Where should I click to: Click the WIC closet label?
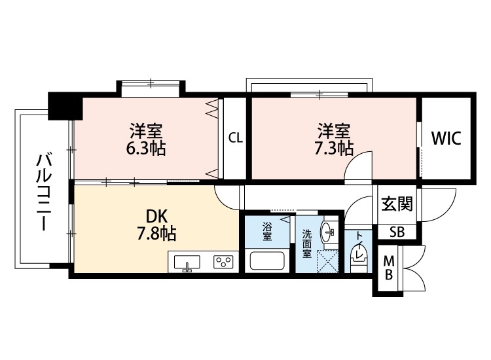click(x=446, y=138)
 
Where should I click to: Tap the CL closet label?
click(x=236, y=137)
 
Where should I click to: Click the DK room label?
click(x=156, y=216)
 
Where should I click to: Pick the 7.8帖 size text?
click(x=156, y=233)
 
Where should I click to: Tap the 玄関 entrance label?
click(x=397, y=204)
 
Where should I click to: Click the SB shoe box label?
click(x=397, y=232)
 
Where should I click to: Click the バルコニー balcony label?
click(x=43, y=192)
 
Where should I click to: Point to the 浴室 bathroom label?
click(x=267, y=231)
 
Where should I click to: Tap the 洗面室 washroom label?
click(x=307, y=244)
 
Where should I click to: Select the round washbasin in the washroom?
click(x=328, y=232)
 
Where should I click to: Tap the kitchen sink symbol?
click(x=187, y=262)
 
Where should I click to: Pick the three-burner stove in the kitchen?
click(x=223, y=262)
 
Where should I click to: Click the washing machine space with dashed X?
click(x=327, y=261)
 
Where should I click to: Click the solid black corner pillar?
click(x=65, y=106)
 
